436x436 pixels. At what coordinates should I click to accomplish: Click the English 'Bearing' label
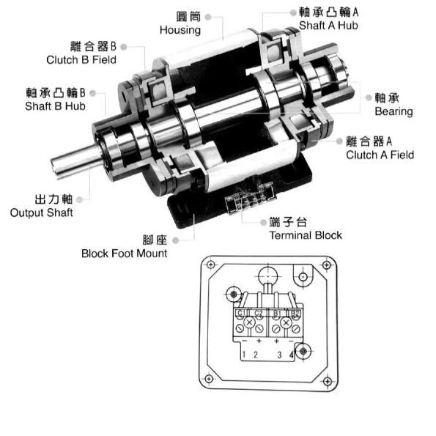tap(393, 111)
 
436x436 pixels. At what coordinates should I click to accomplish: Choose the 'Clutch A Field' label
tap(380, 155)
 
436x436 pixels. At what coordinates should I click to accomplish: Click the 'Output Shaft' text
tap(42, 213)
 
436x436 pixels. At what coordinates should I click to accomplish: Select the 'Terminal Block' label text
tap(306, 235)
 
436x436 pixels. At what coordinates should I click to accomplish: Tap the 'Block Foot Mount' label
tap(124, 254)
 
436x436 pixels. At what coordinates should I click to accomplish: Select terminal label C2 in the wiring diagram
tap(259, 314)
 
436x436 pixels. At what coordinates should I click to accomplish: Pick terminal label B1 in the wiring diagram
tap(277, 314)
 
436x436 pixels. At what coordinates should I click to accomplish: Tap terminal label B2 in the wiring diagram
tap(295, 314)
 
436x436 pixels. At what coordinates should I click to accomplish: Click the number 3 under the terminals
tap(279, 355)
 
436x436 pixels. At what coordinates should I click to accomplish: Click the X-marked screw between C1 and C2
tap(250, 323)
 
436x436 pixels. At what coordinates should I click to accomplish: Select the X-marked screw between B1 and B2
tap(287, 323)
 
